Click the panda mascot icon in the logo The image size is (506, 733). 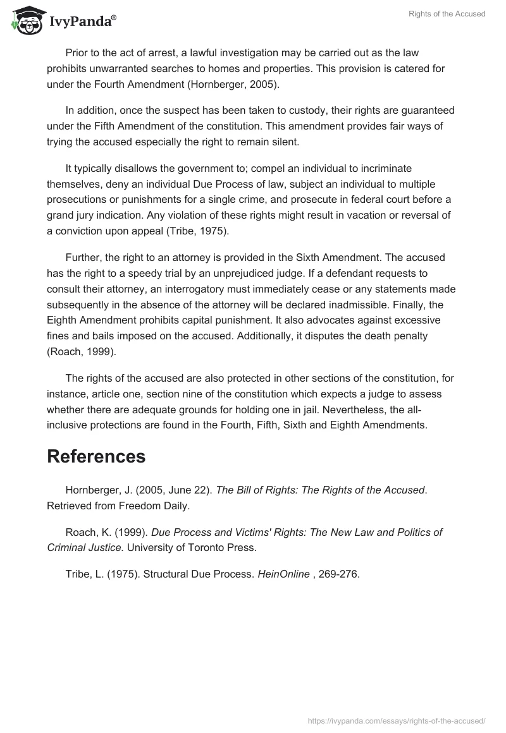click(x=25, y=20)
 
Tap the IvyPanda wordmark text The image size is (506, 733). click(x=82, y=21)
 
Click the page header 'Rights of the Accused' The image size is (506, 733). click(x=451, y=14)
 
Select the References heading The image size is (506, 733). click(x=96, y=456)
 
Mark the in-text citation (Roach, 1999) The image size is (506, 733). click(x=81, y=352)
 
